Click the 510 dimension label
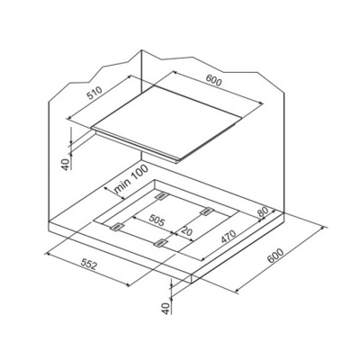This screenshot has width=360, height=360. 94,93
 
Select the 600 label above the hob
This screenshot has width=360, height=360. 213,81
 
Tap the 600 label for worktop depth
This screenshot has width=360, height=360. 275,256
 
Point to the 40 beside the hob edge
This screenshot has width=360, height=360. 67,164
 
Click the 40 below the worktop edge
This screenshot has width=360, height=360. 166,309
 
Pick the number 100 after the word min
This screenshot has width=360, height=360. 139,173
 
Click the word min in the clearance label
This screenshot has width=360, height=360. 121,187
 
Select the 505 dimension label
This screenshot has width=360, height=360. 157,221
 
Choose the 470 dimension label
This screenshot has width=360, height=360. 229,236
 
